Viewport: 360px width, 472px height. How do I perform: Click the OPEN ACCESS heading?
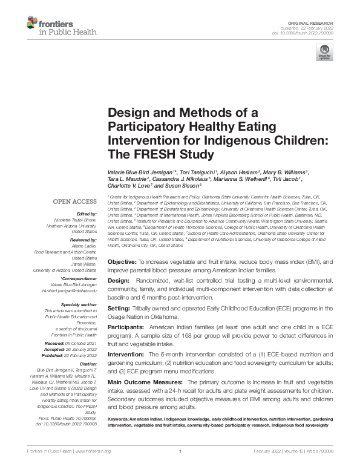tap(74, 201)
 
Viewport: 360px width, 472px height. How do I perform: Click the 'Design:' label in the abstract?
tap(119, 281)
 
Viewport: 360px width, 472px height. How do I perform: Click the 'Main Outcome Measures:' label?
tap(145, 382)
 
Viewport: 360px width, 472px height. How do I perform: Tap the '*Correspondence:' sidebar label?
tap(78, 278)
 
